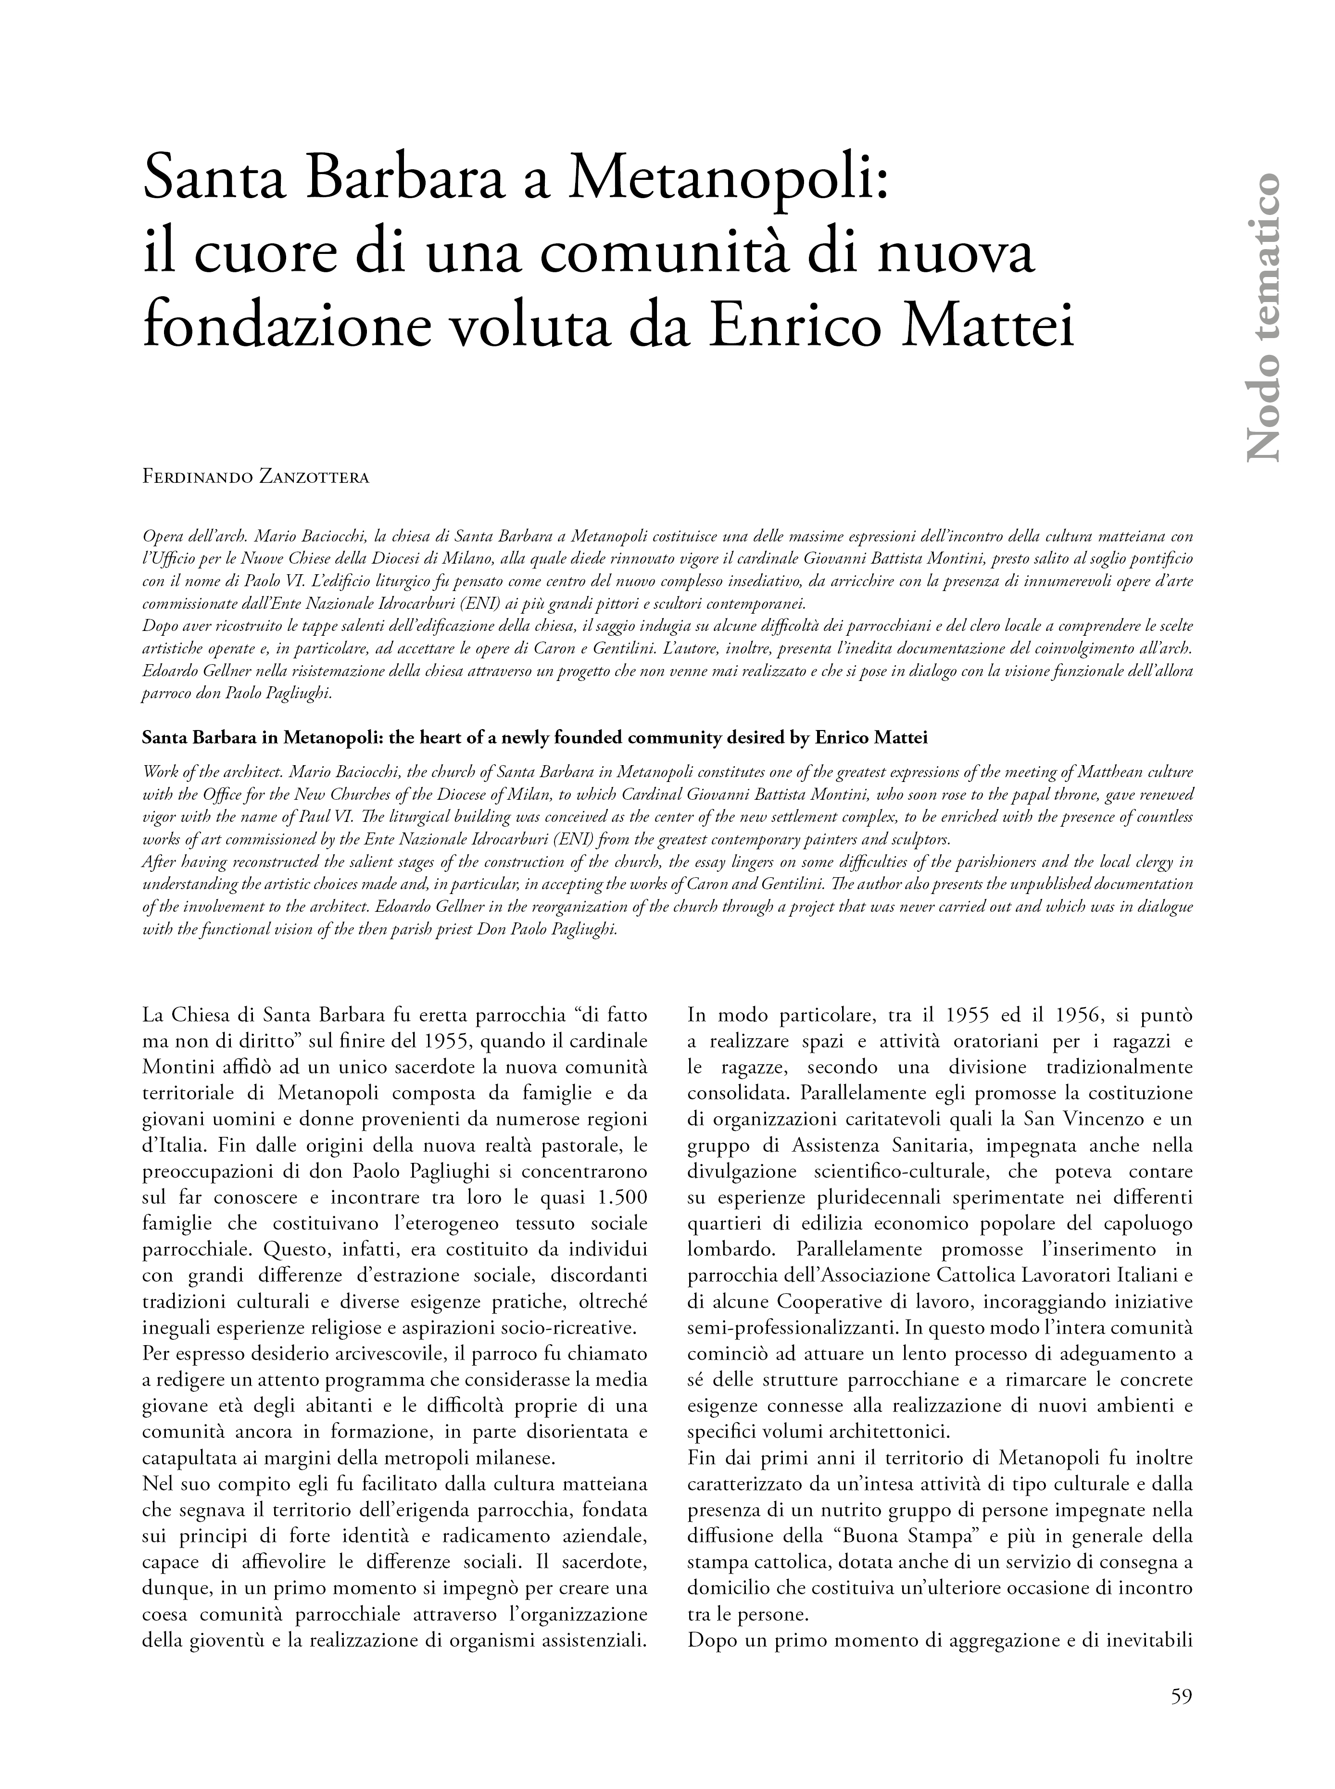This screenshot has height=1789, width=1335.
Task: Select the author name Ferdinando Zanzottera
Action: pyautogui.click(x=255, y=478)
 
